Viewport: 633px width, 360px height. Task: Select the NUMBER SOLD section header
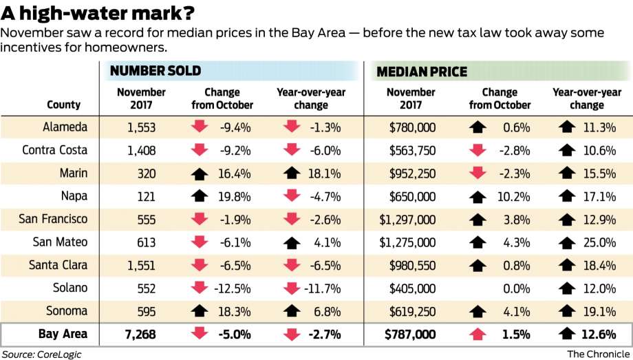pyautogui.click(x=155, y=71)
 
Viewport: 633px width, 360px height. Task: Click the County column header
pyautogui.click(x=63, y=105)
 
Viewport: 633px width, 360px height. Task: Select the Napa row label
pyautogui.click(x=63, y=196)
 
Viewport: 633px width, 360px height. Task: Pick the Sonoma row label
pyautogui.click(x=63, y=310)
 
